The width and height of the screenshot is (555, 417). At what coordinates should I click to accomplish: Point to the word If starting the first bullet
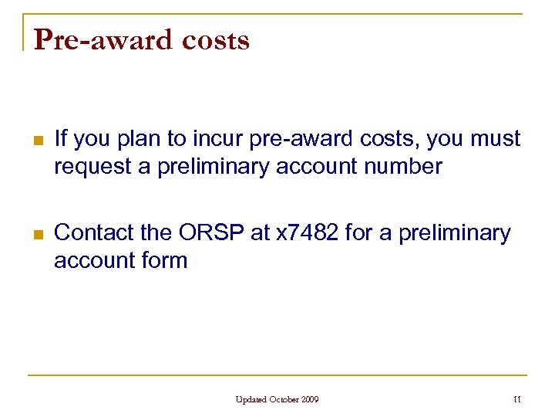(x=62, y=139)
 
